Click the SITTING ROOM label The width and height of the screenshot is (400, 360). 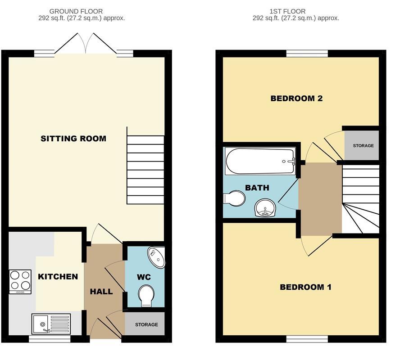point(73,139)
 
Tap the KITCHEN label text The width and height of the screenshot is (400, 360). point(58,276)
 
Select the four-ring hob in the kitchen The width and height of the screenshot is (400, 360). point(20,281)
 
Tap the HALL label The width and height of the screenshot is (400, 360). point(101,292)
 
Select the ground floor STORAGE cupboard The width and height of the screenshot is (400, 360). point(146,324)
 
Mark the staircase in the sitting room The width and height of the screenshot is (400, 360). point(145,166)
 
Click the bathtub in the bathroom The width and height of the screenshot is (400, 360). point(260,161)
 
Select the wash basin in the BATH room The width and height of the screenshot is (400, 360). point(266,208)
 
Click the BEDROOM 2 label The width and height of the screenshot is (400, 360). point(296,99)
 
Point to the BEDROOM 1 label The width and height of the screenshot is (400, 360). point(305,287)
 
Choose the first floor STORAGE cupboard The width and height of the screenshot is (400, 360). point(363,146)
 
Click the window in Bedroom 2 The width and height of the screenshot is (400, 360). point(307,53)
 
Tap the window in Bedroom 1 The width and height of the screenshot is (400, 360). point(307,338)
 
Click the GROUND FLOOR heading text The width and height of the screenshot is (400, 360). point(76,11)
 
